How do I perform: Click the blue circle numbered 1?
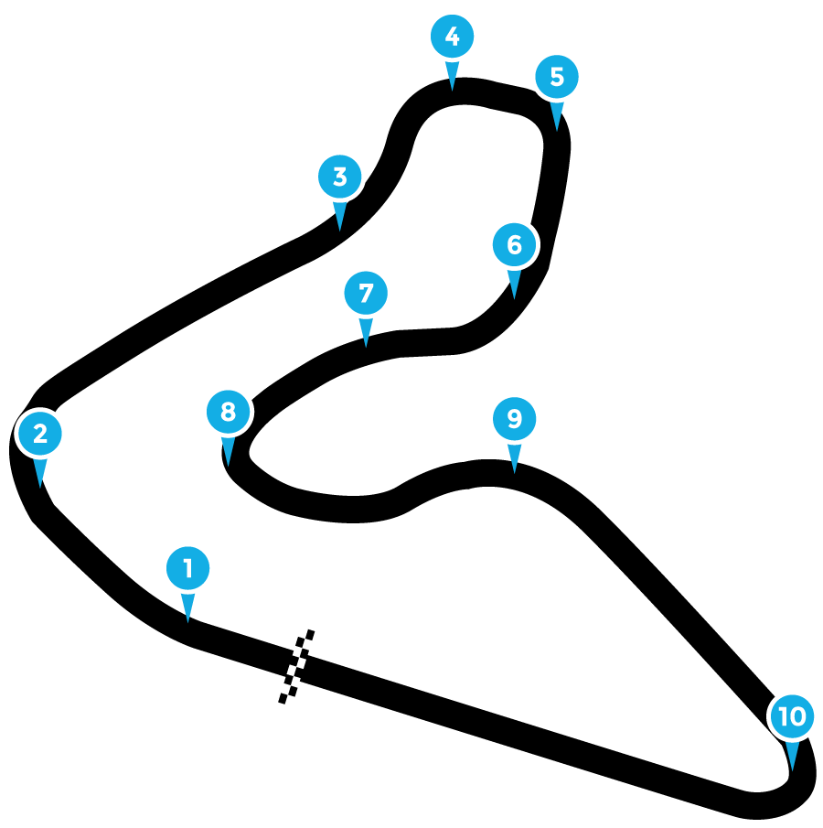coord(188,568)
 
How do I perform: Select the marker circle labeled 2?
coord(40,434)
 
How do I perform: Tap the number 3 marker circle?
coord(340,177)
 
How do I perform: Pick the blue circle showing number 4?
coord(452,37)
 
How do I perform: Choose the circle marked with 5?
coord(557,77)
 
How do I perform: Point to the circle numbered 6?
coord(514,244)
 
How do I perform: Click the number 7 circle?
coord(366,293)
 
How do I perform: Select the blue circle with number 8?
coord(228,412)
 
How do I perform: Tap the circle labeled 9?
coord(514,418)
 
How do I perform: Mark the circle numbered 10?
coord(792,716)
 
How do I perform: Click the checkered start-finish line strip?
coord(295,667)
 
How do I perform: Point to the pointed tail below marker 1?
coord(188,607)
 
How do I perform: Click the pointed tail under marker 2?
coord(40,472)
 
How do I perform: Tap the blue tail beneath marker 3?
coord(340,215)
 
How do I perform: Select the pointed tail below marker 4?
coord(452,75)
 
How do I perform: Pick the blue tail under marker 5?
coord(557,115)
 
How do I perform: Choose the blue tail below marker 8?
coord(228,450)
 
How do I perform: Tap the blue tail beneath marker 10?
coord(792,755)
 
